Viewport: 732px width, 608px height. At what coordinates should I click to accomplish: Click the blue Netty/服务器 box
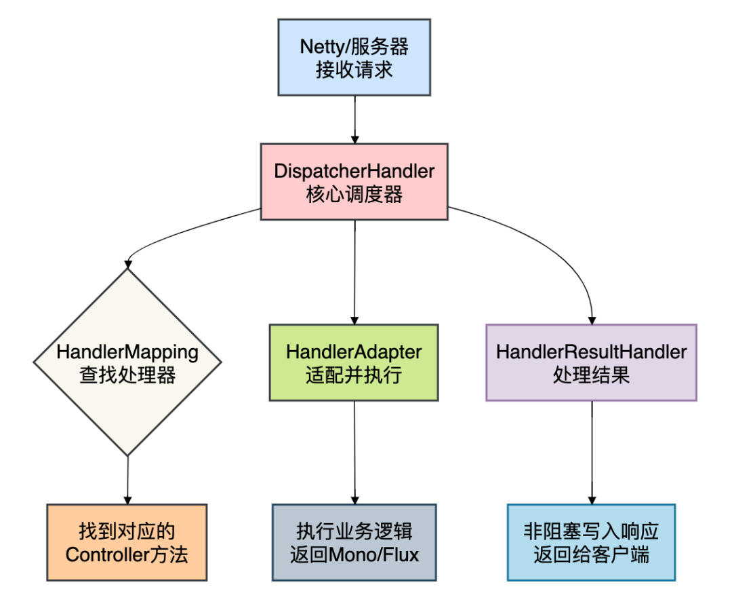tap(354, 57)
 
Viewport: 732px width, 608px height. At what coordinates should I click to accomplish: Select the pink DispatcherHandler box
tap(354, 181)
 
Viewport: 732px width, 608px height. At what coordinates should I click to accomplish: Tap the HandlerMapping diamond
tap(127, 362)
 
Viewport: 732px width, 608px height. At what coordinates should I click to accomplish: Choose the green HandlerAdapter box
tap(354, 362)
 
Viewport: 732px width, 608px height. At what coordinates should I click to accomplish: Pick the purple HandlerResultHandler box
tap(591, 362)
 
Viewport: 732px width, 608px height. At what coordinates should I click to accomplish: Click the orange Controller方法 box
tap(127, 542)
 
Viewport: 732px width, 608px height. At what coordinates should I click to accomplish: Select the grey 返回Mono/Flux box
tap(354, 542)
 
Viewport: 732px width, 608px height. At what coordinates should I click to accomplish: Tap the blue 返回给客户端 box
tap(591, 542)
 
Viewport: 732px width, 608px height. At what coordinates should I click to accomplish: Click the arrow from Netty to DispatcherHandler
tap(354, 119)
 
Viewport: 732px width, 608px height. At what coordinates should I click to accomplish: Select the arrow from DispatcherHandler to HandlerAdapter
tap(354, 271)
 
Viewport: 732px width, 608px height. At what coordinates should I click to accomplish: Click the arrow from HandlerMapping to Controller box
tap(127, 480)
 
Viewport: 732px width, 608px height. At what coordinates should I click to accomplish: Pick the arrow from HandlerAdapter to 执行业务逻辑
tap(354, 451)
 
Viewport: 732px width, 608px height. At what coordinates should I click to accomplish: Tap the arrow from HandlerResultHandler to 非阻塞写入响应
tap(592, 451)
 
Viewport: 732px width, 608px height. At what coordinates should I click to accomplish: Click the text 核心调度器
tap(354, 195)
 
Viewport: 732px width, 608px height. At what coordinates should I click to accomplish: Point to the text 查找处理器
tap(127, 375)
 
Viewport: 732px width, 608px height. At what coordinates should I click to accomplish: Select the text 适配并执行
tap(354, 375)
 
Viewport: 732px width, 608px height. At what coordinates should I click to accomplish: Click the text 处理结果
tap(591, 375)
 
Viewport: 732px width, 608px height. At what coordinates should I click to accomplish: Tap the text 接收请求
tap(354, 70)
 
